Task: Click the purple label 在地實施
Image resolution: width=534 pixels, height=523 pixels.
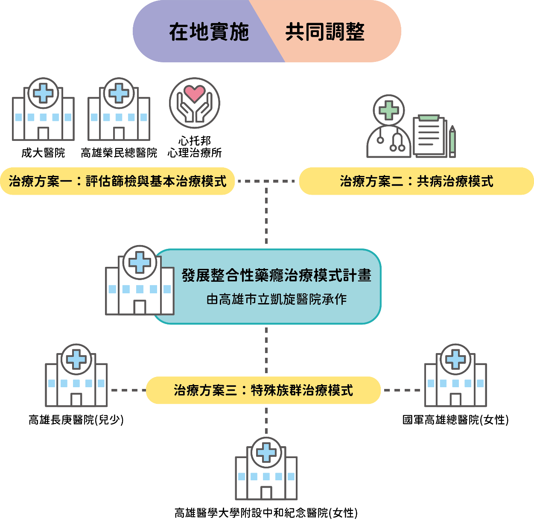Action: point(209,32)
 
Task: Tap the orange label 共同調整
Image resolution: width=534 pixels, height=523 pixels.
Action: point(325,32)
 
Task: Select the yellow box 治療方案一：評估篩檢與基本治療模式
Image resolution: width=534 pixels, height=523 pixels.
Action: point(117,181)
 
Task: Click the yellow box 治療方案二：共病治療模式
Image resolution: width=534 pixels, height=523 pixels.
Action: point(416,181)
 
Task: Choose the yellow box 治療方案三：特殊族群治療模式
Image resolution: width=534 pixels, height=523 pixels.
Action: point(263,390)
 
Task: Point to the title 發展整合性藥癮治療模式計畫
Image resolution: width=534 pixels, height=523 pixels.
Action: point(276,275)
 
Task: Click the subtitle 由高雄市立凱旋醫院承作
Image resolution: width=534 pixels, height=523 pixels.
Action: point(276,299)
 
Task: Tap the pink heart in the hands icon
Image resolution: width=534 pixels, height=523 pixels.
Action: point(194,93)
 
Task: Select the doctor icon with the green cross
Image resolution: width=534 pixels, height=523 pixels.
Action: point(388,128)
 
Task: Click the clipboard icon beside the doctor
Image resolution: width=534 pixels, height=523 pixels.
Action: point(429,137)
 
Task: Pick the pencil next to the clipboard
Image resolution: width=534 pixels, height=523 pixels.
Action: point(452,142)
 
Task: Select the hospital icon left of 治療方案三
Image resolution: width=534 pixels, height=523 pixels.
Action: point(76,376)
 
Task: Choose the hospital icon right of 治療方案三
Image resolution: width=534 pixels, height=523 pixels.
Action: point(455,376)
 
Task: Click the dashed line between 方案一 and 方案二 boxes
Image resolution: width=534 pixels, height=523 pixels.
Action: point(266,181)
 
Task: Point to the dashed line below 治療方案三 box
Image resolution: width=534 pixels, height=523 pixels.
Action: point(266,421)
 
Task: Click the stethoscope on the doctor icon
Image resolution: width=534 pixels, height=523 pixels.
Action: point(397,143)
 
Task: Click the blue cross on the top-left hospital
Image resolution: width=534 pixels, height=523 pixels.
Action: point(43,93)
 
